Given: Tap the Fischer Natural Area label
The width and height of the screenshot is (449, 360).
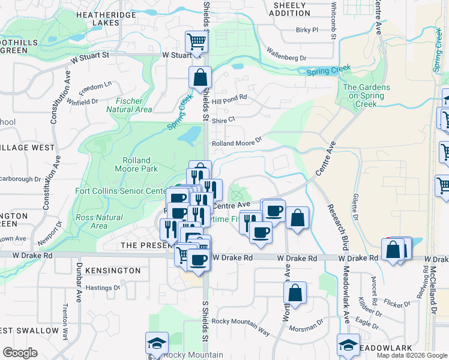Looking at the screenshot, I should click(x=129, y=105).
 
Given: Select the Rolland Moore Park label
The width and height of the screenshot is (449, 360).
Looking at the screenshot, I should click(x=140, y=164).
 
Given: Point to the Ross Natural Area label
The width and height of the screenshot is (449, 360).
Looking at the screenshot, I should click(x=92, y=221).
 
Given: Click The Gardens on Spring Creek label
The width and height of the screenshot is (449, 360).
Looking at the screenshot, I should click(x=366, y=95).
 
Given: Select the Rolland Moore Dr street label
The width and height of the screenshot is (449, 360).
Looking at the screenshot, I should click(x=238, y=143).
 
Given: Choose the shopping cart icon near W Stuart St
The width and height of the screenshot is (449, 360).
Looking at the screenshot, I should click(x=196, y=41).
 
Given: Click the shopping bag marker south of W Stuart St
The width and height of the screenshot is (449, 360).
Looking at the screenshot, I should click(x=200, y=77).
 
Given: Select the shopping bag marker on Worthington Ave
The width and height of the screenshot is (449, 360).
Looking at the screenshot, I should click(x=295, y=293).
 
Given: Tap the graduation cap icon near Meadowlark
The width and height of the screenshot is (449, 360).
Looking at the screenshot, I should click(x=348, y=344).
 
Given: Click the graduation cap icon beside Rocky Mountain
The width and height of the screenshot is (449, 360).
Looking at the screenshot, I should click(x=157, y=343).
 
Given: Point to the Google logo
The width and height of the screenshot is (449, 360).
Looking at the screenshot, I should click(x=20, y=353).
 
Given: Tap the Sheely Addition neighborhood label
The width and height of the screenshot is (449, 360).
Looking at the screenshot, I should click(x=291, y=9).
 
